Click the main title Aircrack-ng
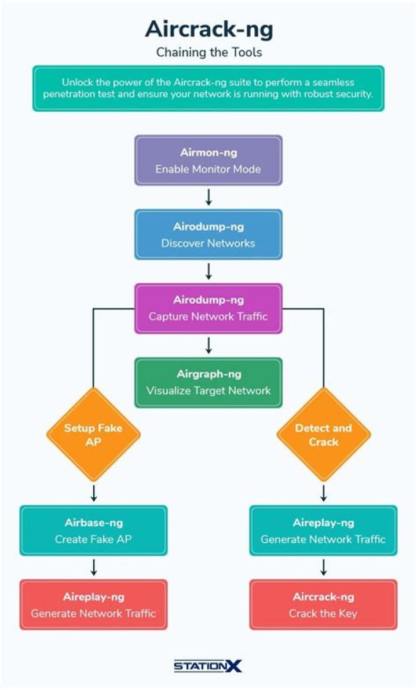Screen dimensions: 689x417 click(x=209, y=28)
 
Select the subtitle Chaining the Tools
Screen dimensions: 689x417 click(x=209, y=53)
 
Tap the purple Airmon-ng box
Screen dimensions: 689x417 click(x=209, y=161)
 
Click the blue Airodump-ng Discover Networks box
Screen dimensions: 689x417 click(x=209, y=234)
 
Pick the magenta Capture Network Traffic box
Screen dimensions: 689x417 click(x=209, y=308)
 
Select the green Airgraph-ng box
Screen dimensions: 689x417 click(x=209, y=382)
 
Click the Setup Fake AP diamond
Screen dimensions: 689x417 click(x=93, y=435)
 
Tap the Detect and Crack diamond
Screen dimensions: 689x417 click(x=323, y=435)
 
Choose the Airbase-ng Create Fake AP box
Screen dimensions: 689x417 click(x=93, y=530)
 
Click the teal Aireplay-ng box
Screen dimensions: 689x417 click(x=323, y=530)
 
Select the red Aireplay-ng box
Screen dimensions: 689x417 click(x=93, y=604)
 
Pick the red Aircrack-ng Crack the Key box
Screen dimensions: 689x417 click(x=323, y=604)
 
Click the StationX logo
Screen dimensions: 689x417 click(x=209, y=666)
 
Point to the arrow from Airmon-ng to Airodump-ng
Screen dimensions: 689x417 click(x=209, y=197)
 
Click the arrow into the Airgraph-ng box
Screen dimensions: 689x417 click(x=209, y=345)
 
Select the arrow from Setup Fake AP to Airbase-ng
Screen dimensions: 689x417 click(x=93, y=493)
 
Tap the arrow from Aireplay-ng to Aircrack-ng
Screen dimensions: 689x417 click(x=323, y=567)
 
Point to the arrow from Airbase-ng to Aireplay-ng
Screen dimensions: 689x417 click(x=93, y=567)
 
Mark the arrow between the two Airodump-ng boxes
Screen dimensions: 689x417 click(x=209, y=271)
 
